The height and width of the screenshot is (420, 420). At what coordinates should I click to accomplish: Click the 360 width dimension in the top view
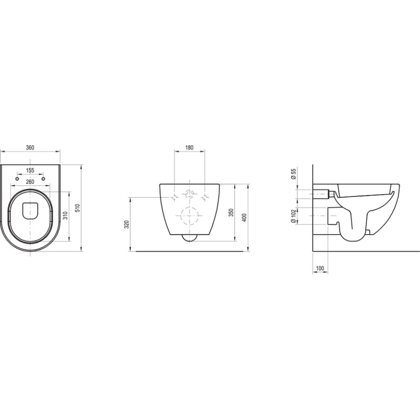(30, 148)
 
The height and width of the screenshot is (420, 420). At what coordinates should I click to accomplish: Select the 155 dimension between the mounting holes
(30, 170)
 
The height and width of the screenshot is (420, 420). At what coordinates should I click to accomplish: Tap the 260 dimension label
(30, 181)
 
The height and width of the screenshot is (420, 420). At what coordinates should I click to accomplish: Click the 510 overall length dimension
(77, 208)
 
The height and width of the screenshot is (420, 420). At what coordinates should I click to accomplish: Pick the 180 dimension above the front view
(189, 148)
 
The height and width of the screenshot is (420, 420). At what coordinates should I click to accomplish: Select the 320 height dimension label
(127, 225)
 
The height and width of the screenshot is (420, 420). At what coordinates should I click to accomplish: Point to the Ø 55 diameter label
(294, 175)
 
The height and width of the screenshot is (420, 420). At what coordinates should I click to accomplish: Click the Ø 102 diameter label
(294, 216)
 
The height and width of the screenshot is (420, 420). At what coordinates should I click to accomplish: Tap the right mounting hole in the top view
(43, 179)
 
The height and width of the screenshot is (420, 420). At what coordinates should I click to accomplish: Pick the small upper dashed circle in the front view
(189, 195)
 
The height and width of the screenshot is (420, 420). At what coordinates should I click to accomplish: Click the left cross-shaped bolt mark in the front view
(173, 197)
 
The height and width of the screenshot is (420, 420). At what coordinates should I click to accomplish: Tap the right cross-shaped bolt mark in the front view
(206, 197)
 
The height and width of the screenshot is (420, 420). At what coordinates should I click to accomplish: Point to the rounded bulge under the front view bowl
(189, 238)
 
